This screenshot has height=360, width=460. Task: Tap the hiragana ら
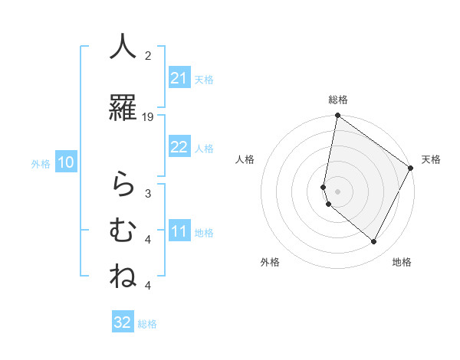pos(123,185)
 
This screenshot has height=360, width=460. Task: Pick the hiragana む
pos(123,230)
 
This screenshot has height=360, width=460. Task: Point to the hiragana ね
pos(123,276)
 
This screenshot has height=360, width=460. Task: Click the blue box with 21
pos(179,78)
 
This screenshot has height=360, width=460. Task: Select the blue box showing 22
pos(179,147)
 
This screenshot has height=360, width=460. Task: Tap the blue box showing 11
pos(179,232)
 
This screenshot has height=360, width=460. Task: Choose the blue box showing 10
pos(66,162)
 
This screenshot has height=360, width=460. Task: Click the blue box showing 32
pos(123,322)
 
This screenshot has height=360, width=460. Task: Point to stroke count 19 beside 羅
pos(148,117)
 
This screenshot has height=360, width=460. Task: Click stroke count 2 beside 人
pos(148,55)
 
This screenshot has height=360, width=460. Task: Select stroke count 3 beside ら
pos(148,193)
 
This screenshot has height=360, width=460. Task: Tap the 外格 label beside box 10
pos(41,163)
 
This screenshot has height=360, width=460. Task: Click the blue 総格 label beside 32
pos(147,324)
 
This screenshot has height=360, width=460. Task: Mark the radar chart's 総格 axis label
pos(338,100)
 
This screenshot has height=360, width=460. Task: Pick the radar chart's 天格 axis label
pos(431,159)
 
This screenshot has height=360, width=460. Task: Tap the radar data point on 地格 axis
pos(374,242)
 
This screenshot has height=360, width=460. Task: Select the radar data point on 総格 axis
pos(337,116)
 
